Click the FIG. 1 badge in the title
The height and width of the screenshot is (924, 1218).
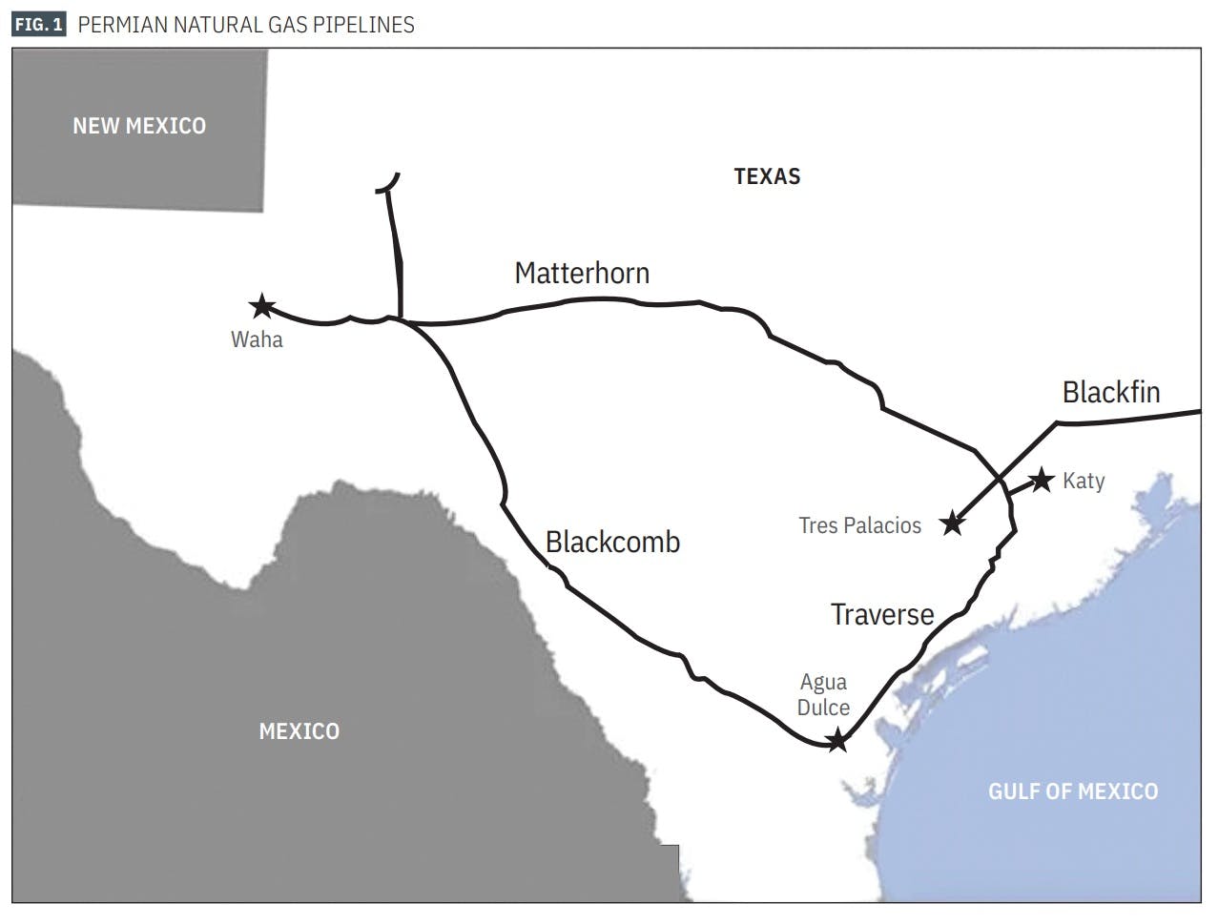39,25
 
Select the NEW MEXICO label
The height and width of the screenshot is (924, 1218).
139,126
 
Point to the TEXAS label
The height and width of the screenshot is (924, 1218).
767,176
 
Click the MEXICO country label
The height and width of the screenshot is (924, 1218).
299,731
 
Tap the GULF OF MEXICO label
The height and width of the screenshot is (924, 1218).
1072,791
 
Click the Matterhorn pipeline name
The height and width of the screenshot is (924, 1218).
582,274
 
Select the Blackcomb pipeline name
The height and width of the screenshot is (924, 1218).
612,543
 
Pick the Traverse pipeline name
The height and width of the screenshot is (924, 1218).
882,615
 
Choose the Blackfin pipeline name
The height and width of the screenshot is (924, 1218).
1111,393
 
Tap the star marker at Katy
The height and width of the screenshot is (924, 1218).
1041,480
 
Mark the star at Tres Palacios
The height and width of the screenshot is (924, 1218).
952,523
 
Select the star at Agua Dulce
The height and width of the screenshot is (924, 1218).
836,741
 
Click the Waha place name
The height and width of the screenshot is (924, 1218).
257,339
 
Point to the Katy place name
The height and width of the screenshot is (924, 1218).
1084,481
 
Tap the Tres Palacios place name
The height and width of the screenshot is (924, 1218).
860,525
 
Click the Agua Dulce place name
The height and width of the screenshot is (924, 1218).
823,695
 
